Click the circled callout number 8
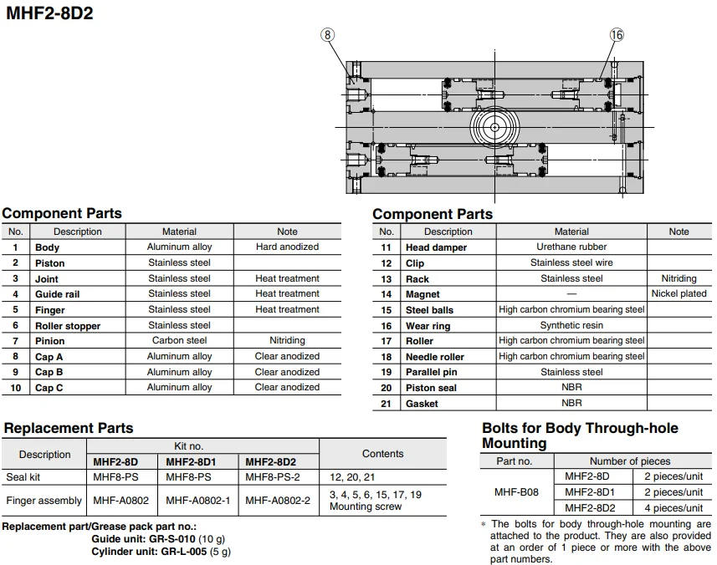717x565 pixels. [x=328, y=34]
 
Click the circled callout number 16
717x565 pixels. [x=617, y=34]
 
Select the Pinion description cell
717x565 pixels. [x=50, y=341]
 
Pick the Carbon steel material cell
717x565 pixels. [x=179, y=341]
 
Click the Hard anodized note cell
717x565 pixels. [x=287, y=247]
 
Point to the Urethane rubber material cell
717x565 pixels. [x=571, y=247]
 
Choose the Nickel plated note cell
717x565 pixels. [x=679, y=294]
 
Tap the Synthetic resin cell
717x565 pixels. [x=571, y=325]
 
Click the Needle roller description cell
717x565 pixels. [x=434, y=357]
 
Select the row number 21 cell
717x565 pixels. [x=386, y=404]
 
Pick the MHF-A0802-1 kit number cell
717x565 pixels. [x=197, y=501]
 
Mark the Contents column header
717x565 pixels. [x=382, y=454]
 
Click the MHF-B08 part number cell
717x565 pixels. [x=517, y=492]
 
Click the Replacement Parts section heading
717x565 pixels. [x=68, y=428]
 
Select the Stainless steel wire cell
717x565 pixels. [x=571, y=262]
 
